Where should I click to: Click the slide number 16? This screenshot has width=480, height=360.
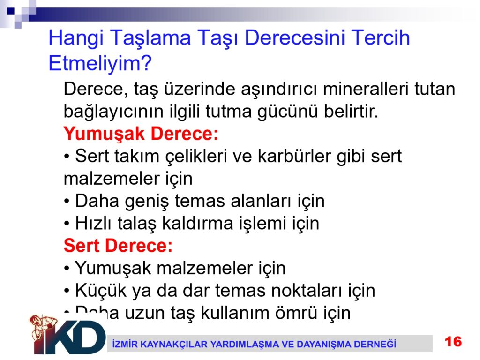click(453, 342)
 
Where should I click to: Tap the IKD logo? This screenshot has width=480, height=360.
click(68, 335)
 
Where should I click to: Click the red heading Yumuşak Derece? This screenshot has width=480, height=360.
click(141, 134)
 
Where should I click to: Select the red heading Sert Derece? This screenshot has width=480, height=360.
click(118, 246)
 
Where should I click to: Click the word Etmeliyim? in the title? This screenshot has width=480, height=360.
click(100, 63)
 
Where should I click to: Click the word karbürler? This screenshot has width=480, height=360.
click(294, 156)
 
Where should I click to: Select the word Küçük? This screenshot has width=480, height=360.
click(101, 290)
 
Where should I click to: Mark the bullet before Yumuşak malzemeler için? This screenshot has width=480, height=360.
click(67, 269)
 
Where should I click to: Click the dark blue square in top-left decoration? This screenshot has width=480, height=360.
click(11, 11)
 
